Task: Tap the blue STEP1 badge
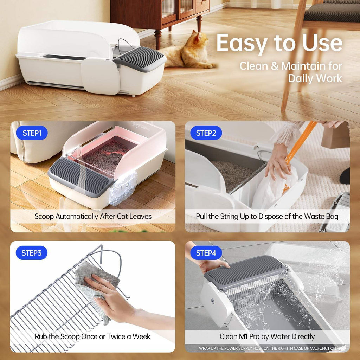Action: point(32,133)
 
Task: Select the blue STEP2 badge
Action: point(206,133)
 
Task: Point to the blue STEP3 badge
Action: point(32,253)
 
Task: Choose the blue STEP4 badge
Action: point(206,253)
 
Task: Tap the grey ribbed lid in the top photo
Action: point(141,56)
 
